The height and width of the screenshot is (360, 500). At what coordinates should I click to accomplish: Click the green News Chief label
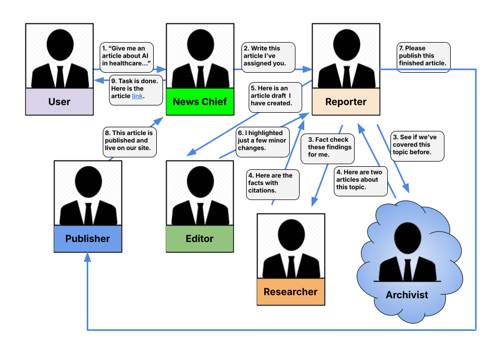click(200, 101)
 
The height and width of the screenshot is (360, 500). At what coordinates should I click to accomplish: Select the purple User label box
click(59, 101)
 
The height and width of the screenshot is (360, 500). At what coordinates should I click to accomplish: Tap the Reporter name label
click(346, 101)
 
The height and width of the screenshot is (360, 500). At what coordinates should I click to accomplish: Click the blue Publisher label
click(88, 239)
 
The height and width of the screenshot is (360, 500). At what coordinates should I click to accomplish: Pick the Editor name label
click(199, 239)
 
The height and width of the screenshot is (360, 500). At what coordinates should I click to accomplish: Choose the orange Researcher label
click(291, 292)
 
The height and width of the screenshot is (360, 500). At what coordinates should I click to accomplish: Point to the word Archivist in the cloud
click(407, 295)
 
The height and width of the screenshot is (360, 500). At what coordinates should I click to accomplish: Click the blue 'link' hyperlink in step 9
click(137, 96)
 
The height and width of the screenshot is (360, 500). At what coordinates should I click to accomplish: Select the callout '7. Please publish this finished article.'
click(424, 57)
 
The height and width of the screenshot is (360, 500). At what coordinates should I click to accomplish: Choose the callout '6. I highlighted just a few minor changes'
click(262, 142)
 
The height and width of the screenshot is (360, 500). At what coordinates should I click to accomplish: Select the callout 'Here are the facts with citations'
click(273, 184)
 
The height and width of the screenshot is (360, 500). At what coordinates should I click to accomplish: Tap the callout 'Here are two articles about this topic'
click(361, 181)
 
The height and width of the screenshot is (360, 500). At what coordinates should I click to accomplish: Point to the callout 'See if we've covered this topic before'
click(417, 146)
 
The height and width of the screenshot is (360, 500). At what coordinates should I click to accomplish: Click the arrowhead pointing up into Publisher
click(88, 257)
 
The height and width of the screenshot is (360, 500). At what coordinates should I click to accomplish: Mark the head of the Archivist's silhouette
click(408, 238)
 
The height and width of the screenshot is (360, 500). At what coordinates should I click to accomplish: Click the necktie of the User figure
click(60, 77)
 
